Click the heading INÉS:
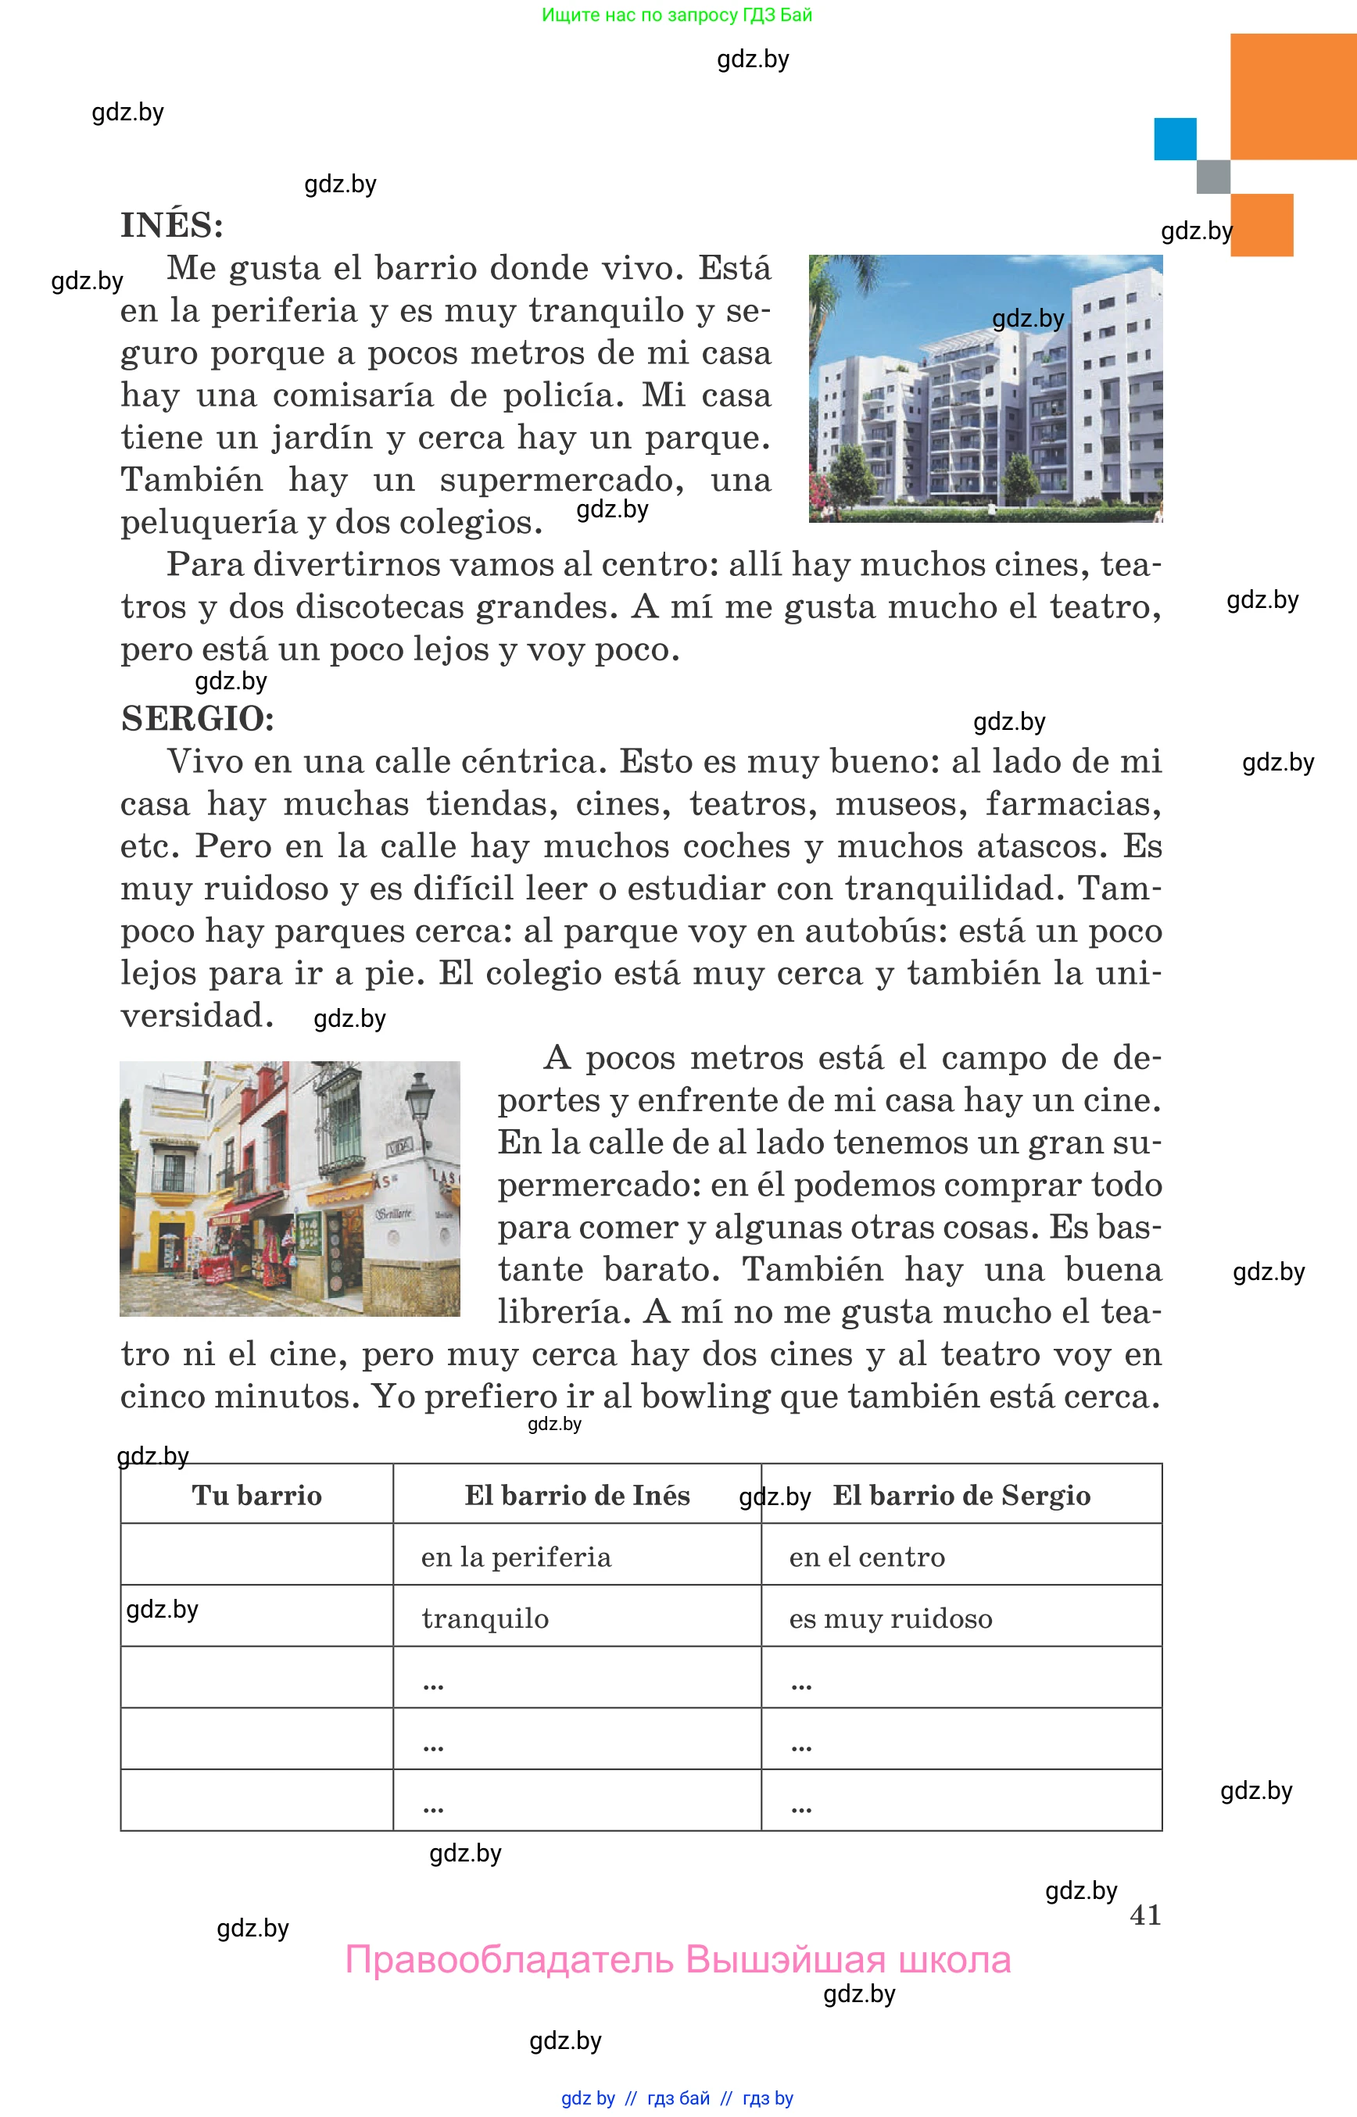click(172, 226)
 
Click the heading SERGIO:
click(198, 719)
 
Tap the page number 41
click(1144, 1915)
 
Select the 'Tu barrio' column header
click(256, 1495)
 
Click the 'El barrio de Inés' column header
click(577, 1495)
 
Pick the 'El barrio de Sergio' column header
click(961, 1495)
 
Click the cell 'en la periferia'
click(515, 1557)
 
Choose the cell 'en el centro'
click(867, 1557)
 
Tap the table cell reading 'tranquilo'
click(485, 1618)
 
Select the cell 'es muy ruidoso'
click(891, 1618)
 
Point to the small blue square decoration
click(1175, 139)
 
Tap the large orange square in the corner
click(1293, 97)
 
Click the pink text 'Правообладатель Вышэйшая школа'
click(678, 1960)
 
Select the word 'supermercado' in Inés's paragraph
click(562, 480)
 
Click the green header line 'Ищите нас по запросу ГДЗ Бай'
click(677, 15)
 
